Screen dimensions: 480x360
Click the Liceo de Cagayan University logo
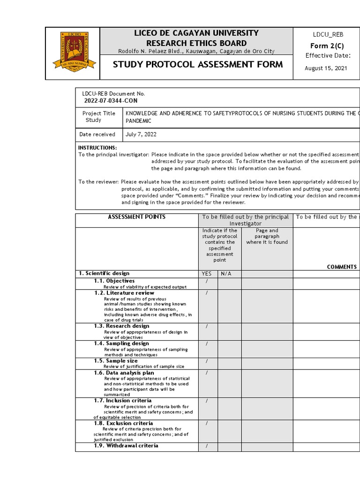[73, 53]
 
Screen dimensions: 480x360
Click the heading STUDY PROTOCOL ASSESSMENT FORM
[198, 65]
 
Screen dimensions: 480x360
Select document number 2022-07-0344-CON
[111, 101]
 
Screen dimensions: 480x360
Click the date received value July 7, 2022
[141, 135]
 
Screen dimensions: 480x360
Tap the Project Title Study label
[98, 117]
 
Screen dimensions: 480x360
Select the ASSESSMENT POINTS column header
[136, 217]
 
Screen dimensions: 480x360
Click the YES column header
[206, 274]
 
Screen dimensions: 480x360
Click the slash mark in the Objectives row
[206, 281]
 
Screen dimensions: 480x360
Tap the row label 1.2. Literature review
[124, 293]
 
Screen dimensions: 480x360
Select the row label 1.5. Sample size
[116, 361]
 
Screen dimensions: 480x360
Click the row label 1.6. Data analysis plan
[124, 373]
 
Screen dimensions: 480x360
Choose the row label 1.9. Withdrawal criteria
[126, 446]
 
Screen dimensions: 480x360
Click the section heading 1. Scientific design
[104, 273]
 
